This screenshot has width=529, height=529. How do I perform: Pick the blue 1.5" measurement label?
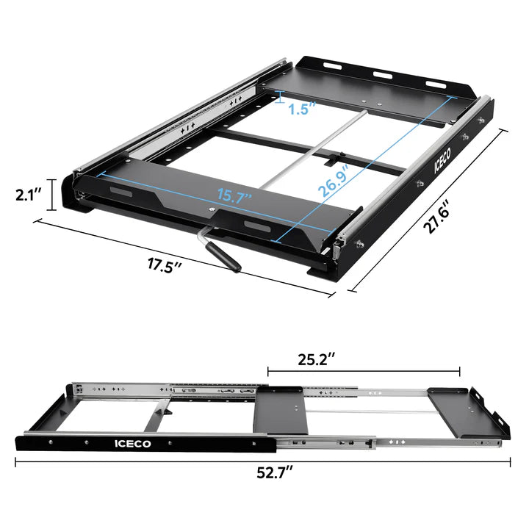click(302, 109)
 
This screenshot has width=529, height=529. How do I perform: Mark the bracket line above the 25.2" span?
click(364, 371)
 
